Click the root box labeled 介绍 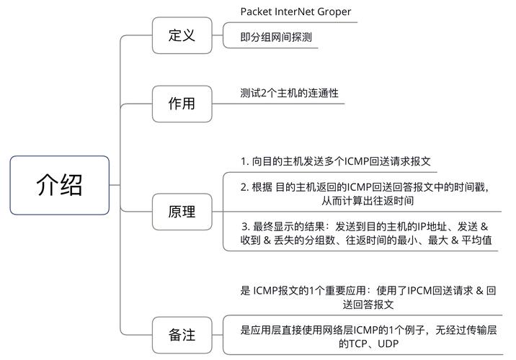click(x=59, y=185)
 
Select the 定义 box click(x=182, y=35)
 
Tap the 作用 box click(x=182, y=103)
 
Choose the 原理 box click(x=182, y=212)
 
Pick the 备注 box click(x=182, y=334)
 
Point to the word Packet click(x=255, y=12)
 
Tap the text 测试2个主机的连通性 click(x=289, y=93)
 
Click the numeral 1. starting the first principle click(x=244, y=161)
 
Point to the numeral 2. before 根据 click(x=245, y=186)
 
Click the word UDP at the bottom click(x=387, y=344)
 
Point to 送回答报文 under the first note click(x=368, y=305)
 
